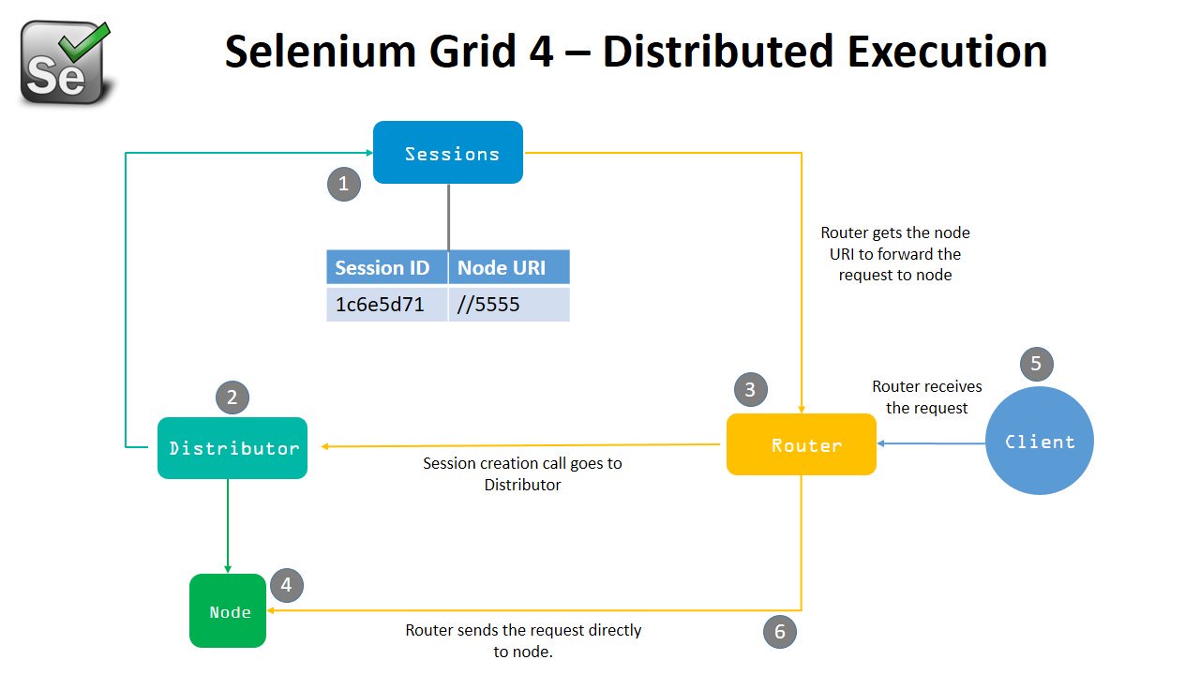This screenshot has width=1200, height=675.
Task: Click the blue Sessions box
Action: click(x=448, y=153)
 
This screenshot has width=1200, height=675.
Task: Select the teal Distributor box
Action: click(x=232, y=448)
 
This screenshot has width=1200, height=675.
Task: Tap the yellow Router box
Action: click(x=802, y=444)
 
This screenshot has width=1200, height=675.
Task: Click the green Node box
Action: click(x=228, y=611)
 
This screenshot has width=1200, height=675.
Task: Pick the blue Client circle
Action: click(x=1040, y=441)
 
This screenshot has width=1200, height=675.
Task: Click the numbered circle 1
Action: click(x=344, y=184)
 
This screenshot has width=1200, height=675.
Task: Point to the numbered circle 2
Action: click(x=232, y=397)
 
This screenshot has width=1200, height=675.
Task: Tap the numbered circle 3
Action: click(x=750, y=390)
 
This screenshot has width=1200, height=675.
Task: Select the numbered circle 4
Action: click(x=287, y=587)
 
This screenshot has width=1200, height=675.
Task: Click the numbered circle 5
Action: click(x=1036, y=364)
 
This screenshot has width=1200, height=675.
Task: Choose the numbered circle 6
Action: click(x=780, y=632)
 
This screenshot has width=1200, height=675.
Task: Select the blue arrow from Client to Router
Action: click(x=931, y=443)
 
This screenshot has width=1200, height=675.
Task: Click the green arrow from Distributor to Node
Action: click(x=228, y=525)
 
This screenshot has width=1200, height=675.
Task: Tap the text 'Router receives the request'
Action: click(x=927, y=397)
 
